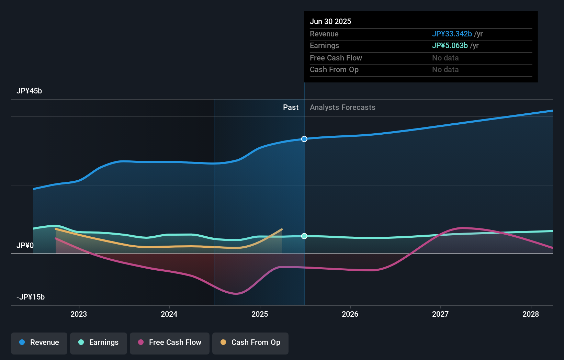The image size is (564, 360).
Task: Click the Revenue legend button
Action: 39,343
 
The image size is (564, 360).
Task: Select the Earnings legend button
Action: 99,343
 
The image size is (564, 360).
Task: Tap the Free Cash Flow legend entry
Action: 170,343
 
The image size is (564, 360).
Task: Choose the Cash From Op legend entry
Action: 250,343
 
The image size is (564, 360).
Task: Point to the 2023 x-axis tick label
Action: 79,314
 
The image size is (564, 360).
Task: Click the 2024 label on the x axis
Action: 169,314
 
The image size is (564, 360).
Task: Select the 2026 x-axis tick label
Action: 350,314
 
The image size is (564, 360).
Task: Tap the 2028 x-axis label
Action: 531,314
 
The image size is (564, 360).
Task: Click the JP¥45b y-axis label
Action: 29,91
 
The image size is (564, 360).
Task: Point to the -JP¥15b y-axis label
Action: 31,297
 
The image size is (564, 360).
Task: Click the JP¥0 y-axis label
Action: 25,246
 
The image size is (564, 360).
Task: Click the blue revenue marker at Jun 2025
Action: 304,139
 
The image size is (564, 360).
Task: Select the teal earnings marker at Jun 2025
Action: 304,236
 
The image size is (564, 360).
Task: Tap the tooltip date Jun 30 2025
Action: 330,22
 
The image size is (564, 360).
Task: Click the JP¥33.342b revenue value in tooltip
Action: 452,34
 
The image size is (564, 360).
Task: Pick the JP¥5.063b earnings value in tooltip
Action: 450,46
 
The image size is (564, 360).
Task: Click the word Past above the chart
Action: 291,108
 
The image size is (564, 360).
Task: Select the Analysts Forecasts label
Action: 342,108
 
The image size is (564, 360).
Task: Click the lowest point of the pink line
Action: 236,294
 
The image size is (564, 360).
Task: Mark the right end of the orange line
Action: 282,229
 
